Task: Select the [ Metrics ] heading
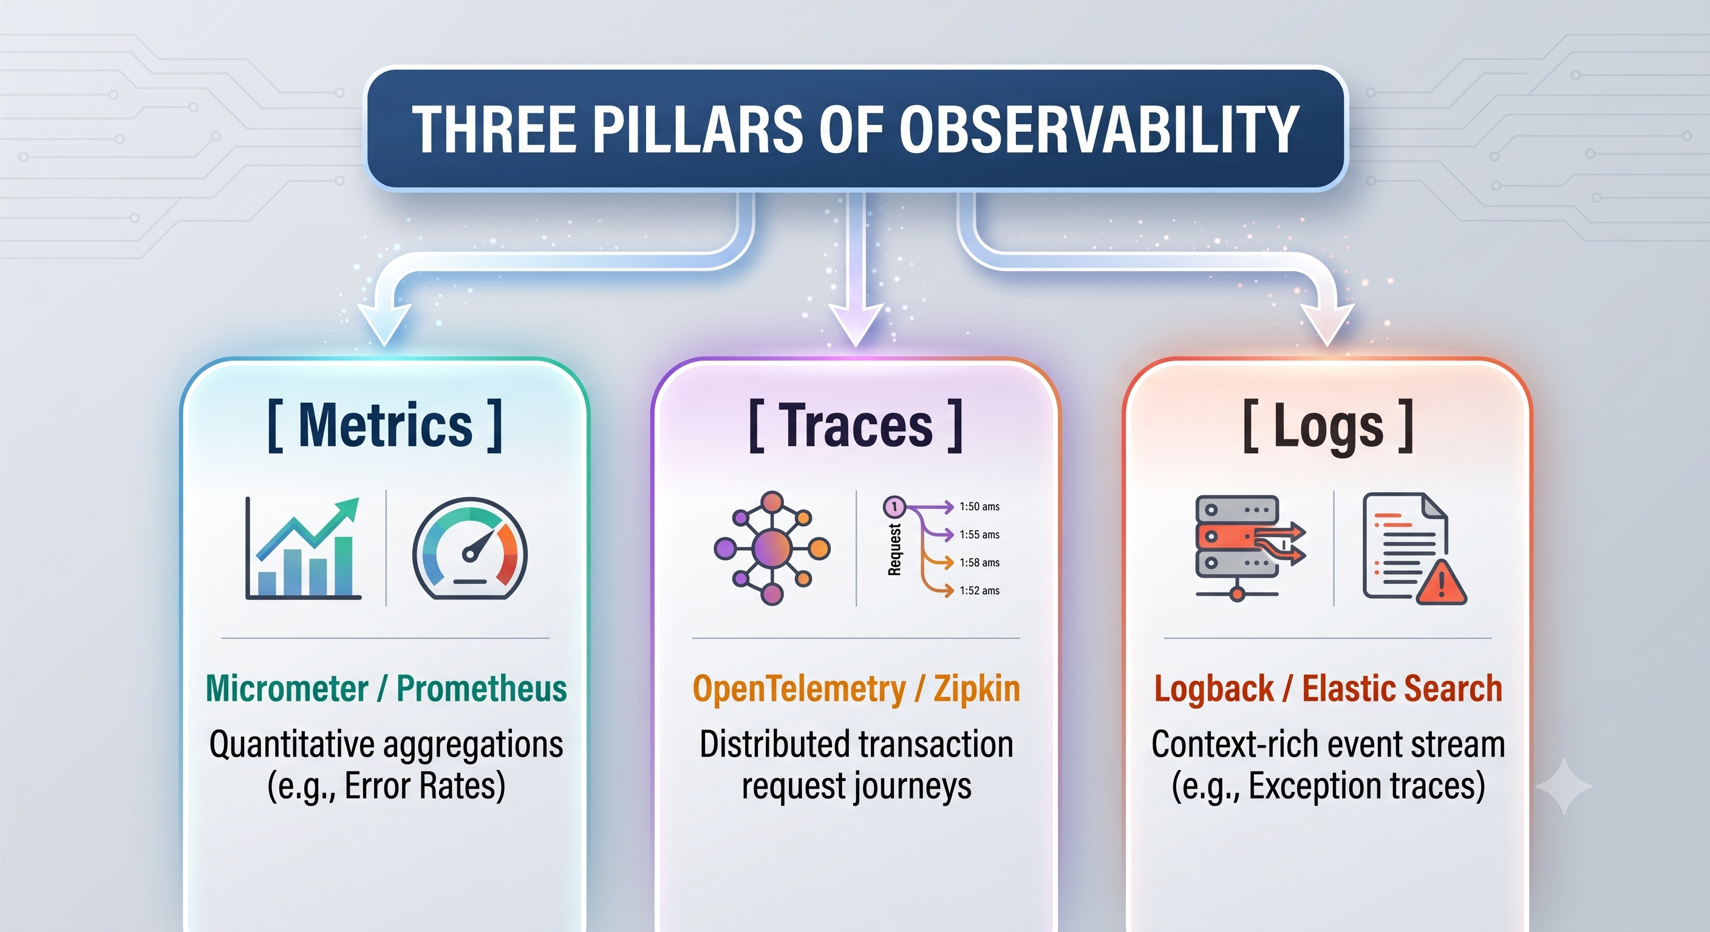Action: click(x=385, y=425)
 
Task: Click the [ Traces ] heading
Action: click(x=856, y=425)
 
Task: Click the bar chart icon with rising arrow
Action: click(x=304, y=548)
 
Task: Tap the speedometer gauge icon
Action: click(x=470, y=549)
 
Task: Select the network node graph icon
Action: click(x=772, y=548)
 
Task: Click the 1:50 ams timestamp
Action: click(x=979, y=507)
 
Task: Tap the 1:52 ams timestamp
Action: click(x=979, y=590)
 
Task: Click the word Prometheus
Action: click(x=482, y=689)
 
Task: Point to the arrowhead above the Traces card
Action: click(x=856, y=325)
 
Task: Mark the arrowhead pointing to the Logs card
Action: click(x=1327, y=325)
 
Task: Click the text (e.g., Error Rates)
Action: click(x=386, y=786)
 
